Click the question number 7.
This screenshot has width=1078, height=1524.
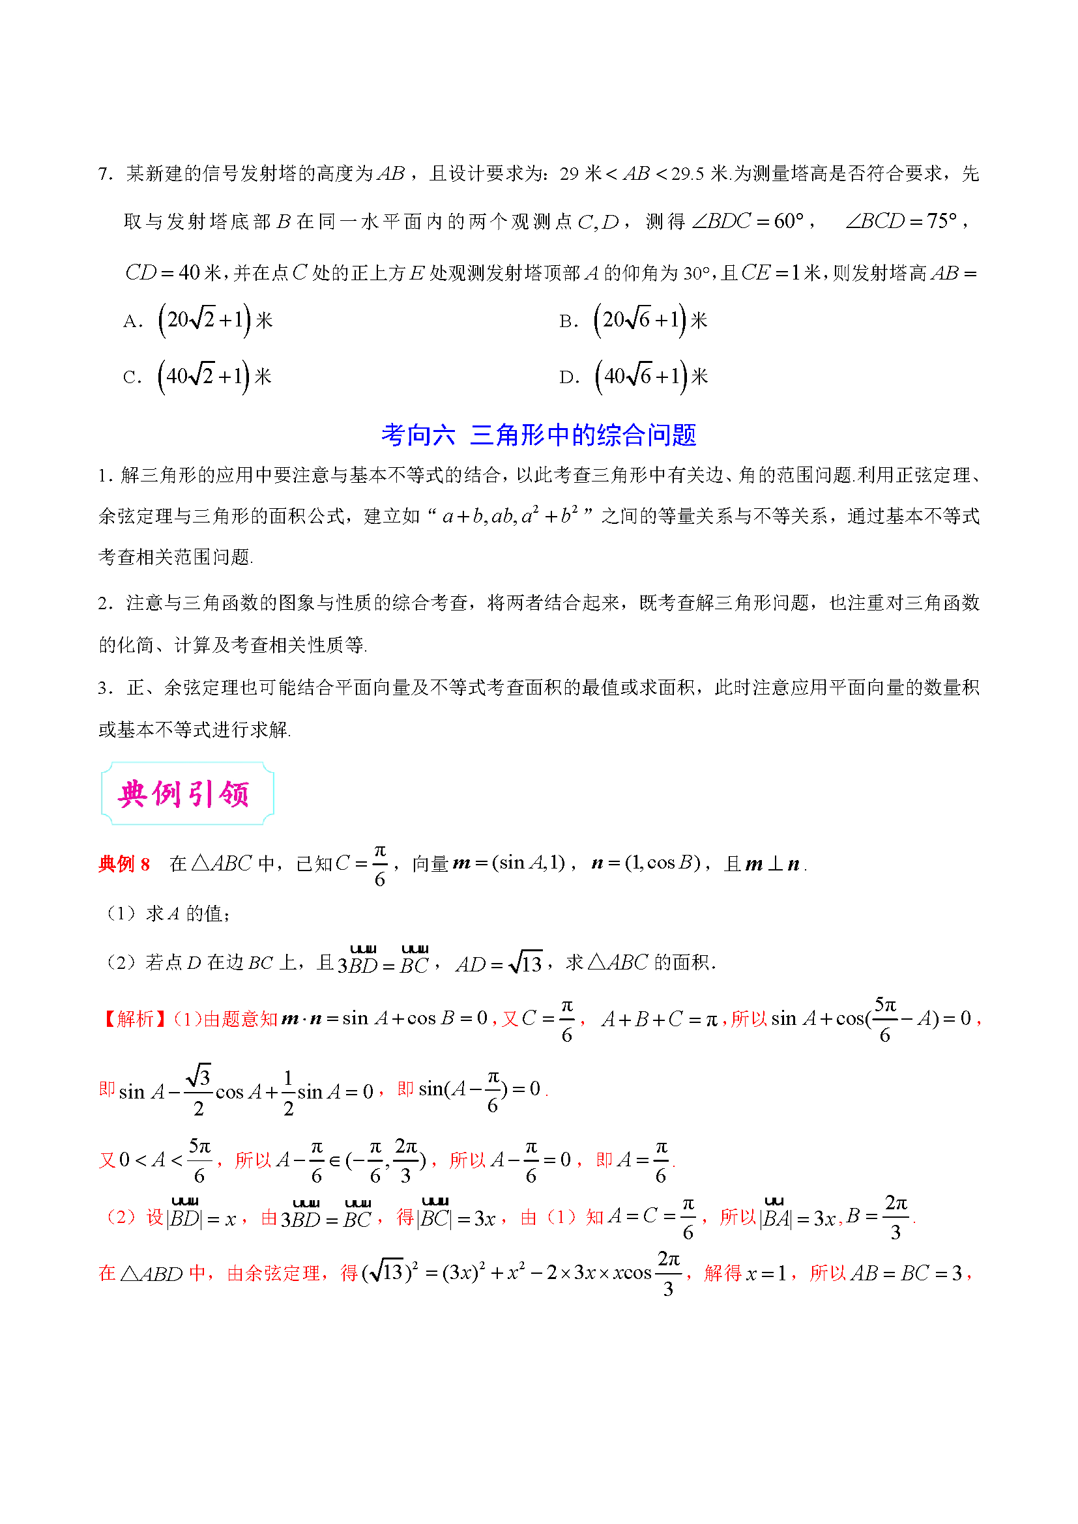[105, 175]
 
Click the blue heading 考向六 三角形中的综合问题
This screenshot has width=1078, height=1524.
[538, 435]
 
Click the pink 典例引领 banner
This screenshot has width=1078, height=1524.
[186, 794]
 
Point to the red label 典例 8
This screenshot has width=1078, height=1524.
[124, 863]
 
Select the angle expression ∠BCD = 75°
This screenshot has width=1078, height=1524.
[901, 221]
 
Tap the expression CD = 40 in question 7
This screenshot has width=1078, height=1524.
[163, 272]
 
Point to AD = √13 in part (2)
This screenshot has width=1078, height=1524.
[499, 964]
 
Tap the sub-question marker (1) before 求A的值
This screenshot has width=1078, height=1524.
[122, 914]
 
